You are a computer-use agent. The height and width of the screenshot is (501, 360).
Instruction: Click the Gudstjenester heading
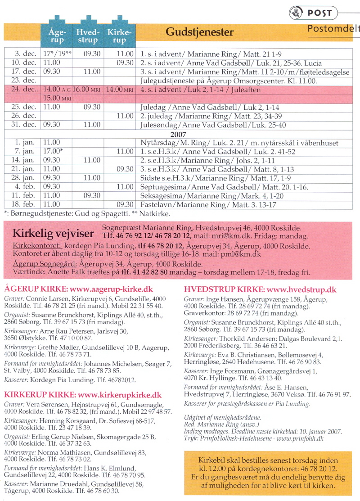pyautogui.click(x=199, y=32)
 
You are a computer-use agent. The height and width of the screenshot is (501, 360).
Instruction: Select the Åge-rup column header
pyautogui.click(x=57, y=36)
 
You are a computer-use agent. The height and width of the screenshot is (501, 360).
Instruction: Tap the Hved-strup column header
pyautogui.click(x=87, y=36)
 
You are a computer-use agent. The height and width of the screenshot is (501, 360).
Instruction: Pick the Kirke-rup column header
pyautogui.click(x=119, y=36)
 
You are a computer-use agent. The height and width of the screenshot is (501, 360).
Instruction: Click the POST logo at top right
pyautogui.click(x=315, y=13)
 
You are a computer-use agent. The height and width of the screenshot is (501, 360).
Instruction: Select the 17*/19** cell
pyautogui.click(x=57, y=54)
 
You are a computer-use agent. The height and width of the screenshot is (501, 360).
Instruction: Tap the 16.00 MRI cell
pyautogui.click(x=87, y=90)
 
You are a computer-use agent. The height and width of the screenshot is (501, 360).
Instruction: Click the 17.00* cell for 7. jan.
pyautogui.click(x=54, y=152)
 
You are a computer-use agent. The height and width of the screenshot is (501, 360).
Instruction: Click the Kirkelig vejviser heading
pyautogui.click(x=53, y=233)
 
